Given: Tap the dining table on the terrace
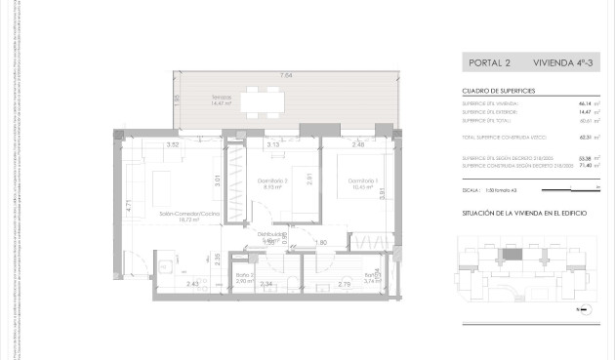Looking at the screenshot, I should point(267,100).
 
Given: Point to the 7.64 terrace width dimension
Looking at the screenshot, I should point(286,75).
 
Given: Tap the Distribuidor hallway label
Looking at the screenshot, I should point(271,234).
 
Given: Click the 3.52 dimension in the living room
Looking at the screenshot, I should point(173,145).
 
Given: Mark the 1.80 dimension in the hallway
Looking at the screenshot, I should point(320,242).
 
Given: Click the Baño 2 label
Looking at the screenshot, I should point(244,276).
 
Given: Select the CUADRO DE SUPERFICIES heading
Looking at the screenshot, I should point(498,90).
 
